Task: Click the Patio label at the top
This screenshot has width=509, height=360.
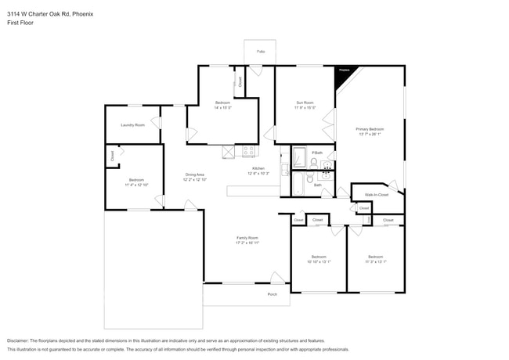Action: click(260, 52)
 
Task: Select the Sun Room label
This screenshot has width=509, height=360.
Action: click(305, 103)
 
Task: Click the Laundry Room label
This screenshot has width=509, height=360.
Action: click(132, 125)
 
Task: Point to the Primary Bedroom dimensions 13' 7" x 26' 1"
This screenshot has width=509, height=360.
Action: click(370, 134)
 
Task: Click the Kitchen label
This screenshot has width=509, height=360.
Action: click(258, 168)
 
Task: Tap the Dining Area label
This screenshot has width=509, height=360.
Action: click(195, 175)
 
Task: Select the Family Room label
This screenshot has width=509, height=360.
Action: click(247, 238)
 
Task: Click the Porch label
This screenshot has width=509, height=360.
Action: click(273, 294)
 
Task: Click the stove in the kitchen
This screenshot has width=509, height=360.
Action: click(249, 151)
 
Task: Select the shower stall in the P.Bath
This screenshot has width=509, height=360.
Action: click(300, 159)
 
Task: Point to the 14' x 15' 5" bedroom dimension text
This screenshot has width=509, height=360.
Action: click(222, 108)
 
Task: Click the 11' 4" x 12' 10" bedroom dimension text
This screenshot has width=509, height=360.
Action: click(136, 185)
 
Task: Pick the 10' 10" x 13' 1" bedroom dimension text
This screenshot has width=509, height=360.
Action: click(318, 261)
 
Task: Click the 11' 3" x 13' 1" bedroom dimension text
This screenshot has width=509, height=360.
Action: click(376, 261)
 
